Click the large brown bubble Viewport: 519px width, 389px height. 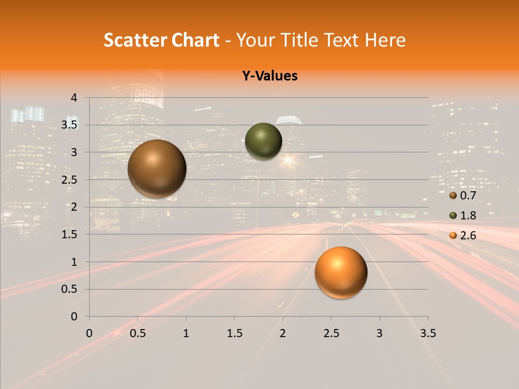(x=157, y=169)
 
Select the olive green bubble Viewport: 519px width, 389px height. (x=263, y=141)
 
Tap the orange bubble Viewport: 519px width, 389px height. (x=341, y=272)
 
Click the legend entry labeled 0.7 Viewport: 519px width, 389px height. (x=463, y=196)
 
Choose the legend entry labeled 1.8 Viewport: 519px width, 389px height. (x=463, y=216)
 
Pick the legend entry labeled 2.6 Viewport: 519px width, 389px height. (x=463, y=236)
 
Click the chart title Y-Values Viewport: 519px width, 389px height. (x=269, y=76)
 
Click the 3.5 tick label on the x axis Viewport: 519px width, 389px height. (x=428, y=333)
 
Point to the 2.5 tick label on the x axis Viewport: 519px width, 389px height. (x=331, y=333)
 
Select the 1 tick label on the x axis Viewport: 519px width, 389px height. (x=186, y=333)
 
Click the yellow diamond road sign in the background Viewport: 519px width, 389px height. (x=295, y=215)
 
